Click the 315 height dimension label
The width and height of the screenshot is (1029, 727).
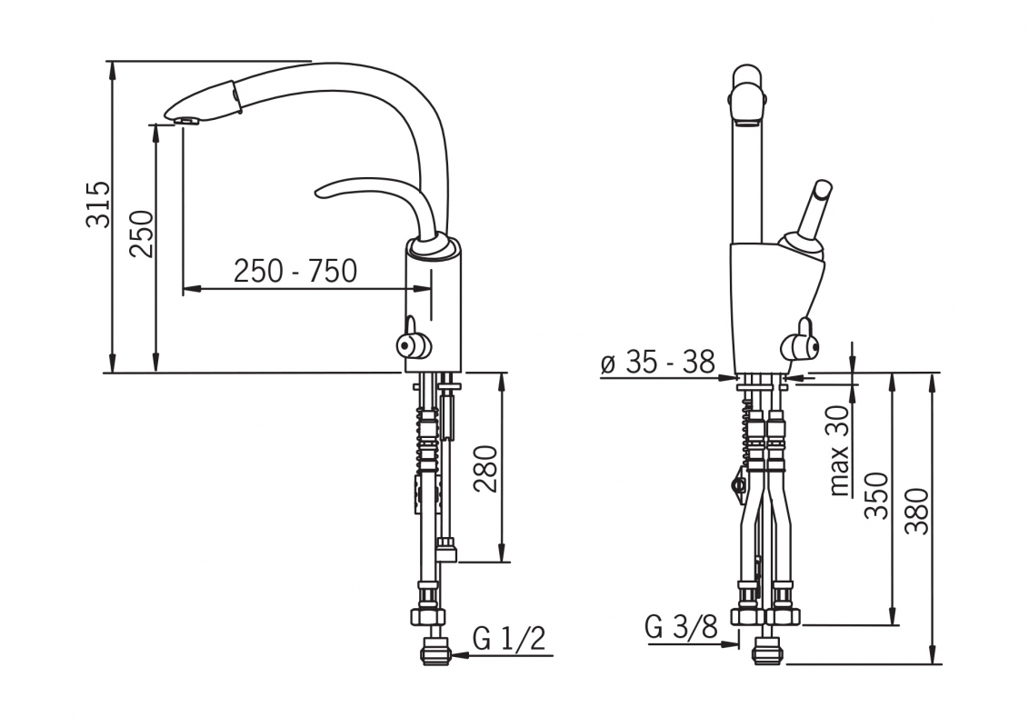tap(98, 204)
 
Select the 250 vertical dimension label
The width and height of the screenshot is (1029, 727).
tap(142, 234)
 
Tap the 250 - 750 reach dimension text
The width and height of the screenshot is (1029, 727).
tap(295, 271)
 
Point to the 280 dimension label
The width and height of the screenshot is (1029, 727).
tap(486, 469)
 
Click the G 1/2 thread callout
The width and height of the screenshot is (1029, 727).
tap(509, 639)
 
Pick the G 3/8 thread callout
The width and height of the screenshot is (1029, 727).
tap(682, 627)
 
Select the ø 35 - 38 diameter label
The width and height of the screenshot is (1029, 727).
tap(657, 362)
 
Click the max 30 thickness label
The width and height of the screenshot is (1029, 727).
tap(840, 450)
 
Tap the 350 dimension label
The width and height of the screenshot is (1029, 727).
tap(876, 495)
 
